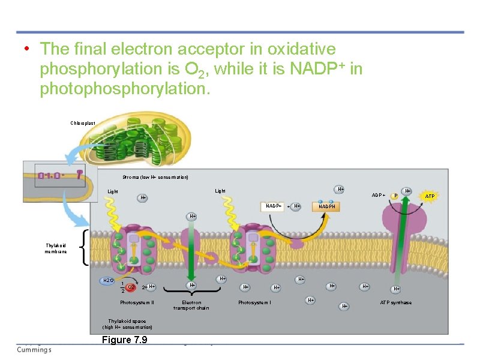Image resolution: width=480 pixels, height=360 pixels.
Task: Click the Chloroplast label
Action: click(x=82, y=123)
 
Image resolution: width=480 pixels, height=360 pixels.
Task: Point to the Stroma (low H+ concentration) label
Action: click(x=155, y=178)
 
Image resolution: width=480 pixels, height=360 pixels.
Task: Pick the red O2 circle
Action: click(x=131, y=287)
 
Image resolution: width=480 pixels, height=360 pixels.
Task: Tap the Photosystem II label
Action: click(x=137, y=302)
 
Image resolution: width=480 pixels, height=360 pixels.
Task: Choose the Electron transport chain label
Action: click(x=191, y=305)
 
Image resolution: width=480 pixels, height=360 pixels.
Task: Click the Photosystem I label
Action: click(x=254, y=302)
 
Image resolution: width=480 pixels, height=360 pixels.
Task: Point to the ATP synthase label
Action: click(x=395, y=302)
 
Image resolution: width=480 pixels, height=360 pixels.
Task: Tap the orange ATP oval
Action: click(x=430, y=196)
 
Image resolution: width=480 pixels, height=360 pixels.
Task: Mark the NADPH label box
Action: click(x=328, y=206)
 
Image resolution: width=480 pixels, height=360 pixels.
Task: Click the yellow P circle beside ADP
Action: click(x=394, y=196)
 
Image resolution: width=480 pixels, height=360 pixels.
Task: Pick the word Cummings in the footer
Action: click(x=34, y=350)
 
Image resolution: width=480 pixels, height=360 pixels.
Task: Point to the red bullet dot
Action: click(x=27, y=49)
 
